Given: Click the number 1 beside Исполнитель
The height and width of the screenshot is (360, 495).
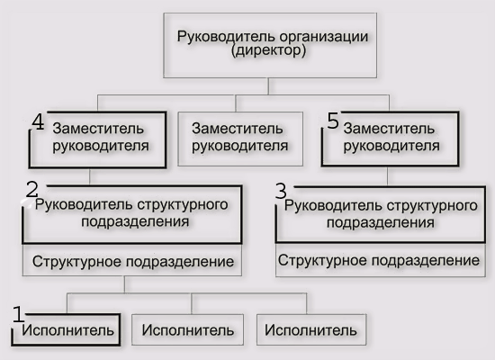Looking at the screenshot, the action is coord(18,314).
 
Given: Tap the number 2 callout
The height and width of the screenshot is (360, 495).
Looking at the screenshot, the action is coord(31,190).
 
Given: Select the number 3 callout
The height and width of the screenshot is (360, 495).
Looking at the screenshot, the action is coord(281,191).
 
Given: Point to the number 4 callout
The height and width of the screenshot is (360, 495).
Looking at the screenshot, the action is coord(38,121).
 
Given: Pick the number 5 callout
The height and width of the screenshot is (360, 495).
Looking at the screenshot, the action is coord(333,121).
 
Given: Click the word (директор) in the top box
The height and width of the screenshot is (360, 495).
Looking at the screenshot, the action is coord(268,50).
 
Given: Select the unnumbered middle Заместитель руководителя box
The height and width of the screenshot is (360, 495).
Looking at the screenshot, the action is coord(240,139).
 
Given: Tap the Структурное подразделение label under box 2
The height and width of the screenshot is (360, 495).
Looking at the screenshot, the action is coord(133,262).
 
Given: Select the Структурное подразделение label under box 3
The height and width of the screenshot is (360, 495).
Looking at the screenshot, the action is coord(379,261).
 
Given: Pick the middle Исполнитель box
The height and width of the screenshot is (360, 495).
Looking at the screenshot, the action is coord(187,329).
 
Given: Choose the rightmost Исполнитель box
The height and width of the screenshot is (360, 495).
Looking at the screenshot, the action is coord(311,329).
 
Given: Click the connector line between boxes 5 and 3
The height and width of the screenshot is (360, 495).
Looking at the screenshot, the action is coord(387,176).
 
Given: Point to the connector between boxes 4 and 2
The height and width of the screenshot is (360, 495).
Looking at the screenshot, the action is coord(90,176).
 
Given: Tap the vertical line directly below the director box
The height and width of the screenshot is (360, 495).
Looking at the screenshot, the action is coord(269,86).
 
